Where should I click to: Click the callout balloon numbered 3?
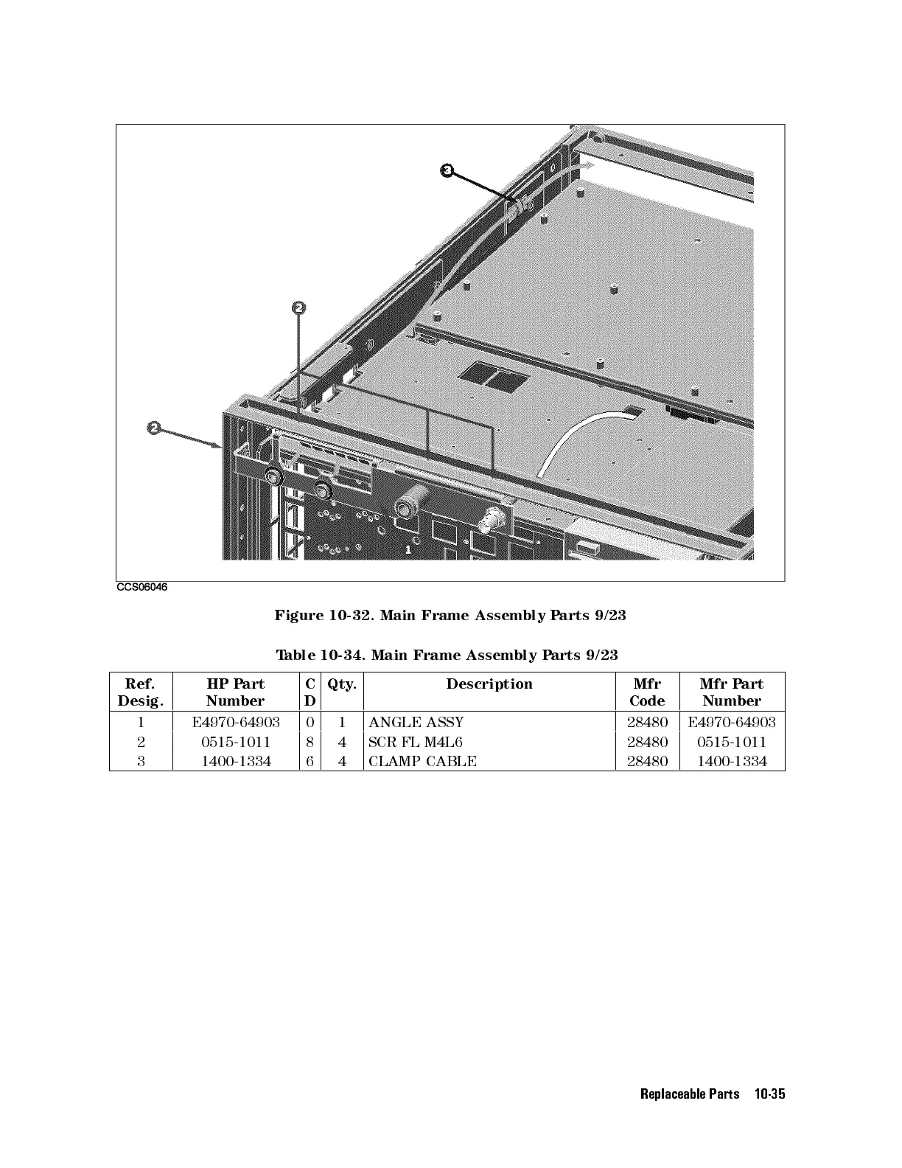coord(446,170)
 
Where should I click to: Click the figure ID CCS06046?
coord(141,588)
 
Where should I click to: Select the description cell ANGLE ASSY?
coord(416,722)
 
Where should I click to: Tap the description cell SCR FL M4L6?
coord(416,742)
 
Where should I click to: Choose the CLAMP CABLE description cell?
coord(422,761)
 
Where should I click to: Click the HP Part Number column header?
coord(235,692)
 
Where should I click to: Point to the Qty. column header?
coord(342,684)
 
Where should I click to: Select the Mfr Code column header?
coord(647,692)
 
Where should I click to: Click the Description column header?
coord(489,684)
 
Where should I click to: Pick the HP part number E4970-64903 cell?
coord(235,722)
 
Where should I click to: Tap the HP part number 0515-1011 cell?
coord(235,742)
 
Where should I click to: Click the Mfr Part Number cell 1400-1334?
coord(732,761)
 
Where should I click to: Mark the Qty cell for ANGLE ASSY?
coord(342,722)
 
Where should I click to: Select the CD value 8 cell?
coord(310,742)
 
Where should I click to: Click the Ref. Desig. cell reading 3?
coord(141,761)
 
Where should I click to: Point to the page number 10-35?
coord(769,1094)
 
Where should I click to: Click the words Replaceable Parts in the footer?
coord(690,1094)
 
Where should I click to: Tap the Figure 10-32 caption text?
coord(450,615)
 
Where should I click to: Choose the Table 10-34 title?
coord(447,655)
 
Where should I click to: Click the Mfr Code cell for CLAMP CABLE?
coord(647,761)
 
